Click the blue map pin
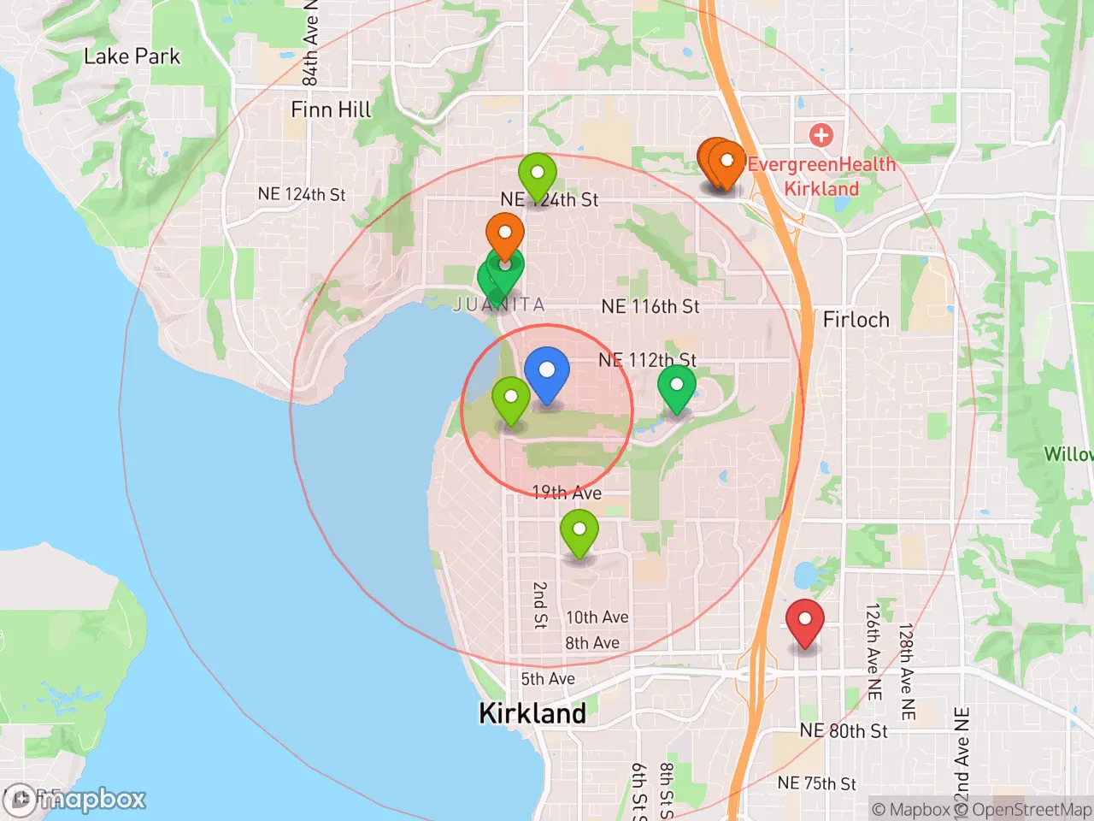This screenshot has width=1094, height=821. (x=547, y=372)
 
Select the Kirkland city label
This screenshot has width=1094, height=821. (x=532, y=713)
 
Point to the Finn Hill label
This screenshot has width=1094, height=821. (x=331, y=109)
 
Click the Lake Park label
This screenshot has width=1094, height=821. (x=132, y=56)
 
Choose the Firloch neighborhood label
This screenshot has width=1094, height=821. (x=856, y=320)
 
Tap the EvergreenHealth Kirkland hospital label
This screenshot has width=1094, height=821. (x=821, y=176)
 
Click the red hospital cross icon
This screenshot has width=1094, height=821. (x=820, y=134)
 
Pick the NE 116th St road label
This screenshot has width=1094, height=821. (x=650, y=306)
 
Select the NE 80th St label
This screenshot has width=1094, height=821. (x=844, y=731)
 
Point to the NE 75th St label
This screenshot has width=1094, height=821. (x=816, y=783)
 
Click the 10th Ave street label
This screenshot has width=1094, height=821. (x=597, y=617)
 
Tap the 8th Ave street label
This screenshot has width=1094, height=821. (x=592, y=643)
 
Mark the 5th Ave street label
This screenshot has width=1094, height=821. (x=548, y=679)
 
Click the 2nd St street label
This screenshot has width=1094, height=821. (x=540, y=605)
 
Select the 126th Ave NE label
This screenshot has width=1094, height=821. (x=873, y=652)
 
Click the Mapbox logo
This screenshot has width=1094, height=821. (x=77, y=800)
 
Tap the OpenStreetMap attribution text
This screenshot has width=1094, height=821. (x=1022, y=809)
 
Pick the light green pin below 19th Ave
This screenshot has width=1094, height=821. (x=579, y=530)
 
